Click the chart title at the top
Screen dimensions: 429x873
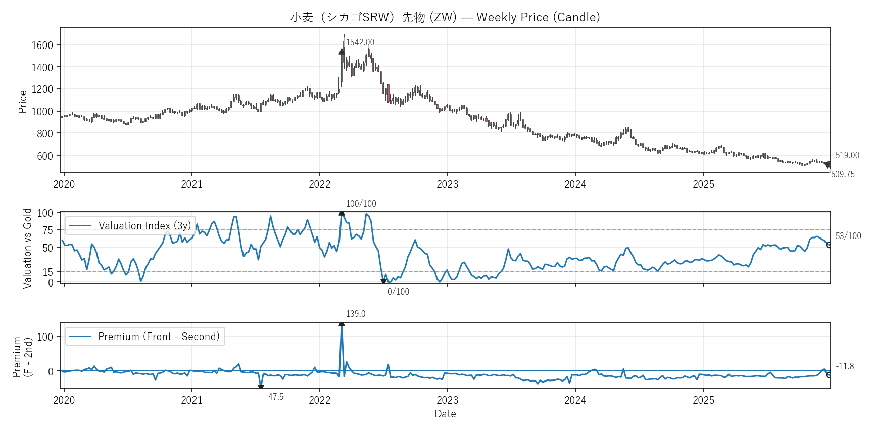(x=445, y=17)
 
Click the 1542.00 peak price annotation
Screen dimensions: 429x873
(x=360, y=42)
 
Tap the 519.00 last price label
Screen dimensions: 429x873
(x=847, y=155)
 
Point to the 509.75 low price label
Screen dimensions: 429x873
(x=843, y=174)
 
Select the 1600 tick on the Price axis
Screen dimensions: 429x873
(x=42, y=45)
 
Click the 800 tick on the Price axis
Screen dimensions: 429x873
(x=45, y=133)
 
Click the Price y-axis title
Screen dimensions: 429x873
(x=22, y=102)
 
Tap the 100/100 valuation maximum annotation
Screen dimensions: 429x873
(x=361, y=204)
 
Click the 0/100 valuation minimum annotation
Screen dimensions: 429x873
(x=398, y=292)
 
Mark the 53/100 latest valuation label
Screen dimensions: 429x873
(x=848, y=236)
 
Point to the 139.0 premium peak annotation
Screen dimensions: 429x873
(x=356, y=314)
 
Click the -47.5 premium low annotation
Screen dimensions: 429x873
(x=274, y=397)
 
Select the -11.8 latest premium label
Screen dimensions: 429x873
(x=845, y=366)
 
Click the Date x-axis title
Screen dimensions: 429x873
(x=445, y=414)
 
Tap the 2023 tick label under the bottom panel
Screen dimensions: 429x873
(x=447, y=400)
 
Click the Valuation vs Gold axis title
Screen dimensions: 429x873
(x=27, y=248)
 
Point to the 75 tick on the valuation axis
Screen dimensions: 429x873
(x=47, y=230)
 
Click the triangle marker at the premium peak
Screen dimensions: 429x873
(x=342, y=323)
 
